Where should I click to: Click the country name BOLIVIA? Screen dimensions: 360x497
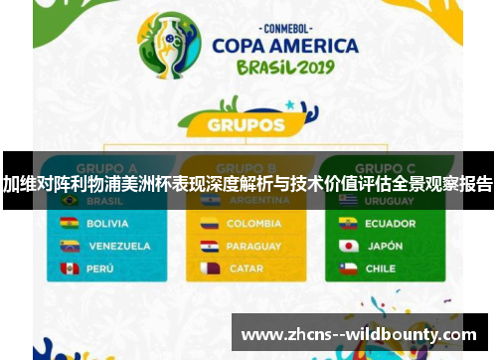click(107, 224)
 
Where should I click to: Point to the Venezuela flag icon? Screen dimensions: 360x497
click(70, 246)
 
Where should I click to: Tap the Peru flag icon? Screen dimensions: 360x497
click(70, 269)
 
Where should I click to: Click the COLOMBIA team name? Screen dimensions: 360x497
click(253, 224)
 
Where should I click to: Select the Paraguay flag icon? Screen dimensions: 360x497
click(209, 246)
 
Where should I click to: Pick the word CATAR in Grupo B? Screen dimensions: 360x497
click(246, 269)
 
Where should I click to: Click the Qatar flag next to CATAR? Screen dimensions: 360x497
click(209, 269)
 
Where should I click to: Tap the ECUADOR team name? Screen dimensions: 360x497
click(390, 224)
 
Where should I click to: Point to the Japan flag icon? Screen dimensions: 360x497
click(348, 246)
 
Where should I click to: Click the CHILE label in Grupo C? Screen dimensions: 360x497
click(380, 269)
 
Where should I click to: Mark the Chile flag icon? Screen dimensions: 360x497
click(348, 269)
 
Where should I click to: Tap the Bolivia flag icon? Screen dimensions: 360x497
click(70, 224)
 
